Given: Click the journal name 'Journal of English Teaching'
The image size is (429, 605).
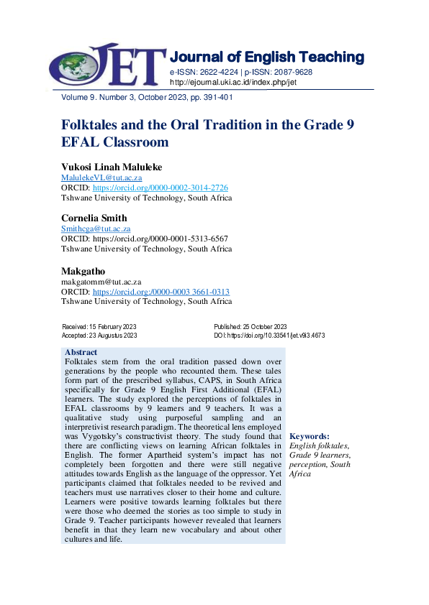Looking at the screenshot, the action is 266,57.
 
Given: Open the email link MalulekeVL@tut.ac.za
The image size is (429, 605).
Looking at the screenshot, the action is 101,177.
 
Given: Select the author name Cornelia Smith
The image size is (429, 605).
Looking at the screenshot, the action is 94,218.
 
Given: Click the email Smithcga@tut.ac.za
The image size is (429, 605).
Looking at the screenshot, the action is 96,228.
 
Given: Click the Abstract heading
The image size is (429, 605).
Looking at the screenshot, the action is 81,352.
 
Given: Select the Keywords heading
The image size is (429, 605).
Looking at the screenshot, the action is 310,436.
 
